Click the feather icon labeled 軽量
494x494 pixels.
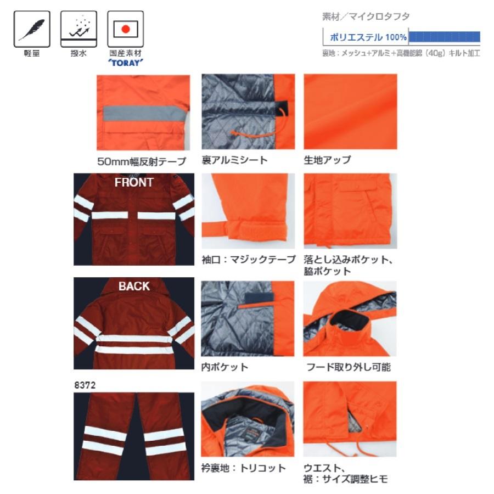[x=32, y=30]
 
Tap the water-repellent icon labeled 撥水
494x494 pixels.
[x=79, y=30]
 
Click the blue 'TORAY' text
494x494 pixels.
[x=126, y=62]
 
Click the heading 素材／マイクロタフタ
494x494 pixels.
[x=366, y=17]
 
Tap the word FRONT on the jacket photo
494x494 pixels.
[x=134, y=183]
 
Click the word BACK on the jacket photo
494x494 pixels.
[x=134, y=286]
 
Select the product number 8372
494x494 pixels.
[x=85, y=385]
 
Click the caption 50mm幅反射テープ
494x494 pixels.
[x=142, y=161]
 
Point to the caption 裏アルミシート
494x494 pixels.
[x=234, y=160]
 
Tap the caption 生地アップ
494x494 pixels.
[x=327, y=160]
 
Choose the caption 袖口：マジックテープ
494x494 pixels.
[x=248, y=259]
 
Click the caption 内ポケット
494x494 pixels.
[x=224, y=367]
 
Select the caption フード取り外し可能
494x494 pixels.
[x=348, y=367]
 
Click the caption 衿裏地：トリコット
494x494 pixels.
[x=243, y=468]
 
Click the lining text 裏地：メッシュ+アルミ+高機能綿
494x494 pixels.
[x=374, y=53]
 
